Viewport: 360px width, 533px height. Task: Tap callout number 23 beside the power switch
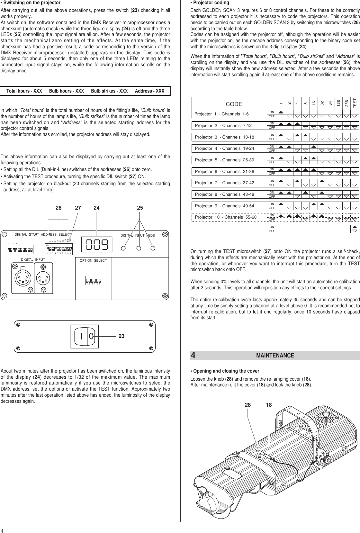click(x=122, y=336)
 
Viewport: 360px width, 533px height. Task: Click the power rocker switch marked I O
click(x=85, y=336)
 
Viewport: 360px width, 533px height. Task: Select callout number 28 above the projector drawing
click(x=248, y=405)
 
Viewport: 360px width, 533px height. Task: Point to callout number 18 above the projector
click(x=269, y=405)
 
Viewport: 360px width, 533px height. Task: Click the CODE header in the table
click(x=234, y=104)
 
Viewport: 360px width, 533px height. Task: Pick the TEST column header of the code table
click(x=355, y=103)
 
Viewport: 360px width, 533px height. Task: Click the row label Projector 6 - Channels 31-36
click(x=224, y=172)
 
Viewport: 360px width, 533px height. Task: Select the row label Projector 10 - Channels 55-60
click(x=226, y=217)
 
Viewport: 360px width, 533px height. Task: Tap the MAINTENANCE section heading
click(x=275, y=356)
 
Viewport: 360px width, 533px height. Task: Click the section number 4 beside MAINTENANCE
click(x=193, y=356)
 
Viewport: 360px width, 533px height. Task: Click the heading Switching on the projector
click(x=31, y=3)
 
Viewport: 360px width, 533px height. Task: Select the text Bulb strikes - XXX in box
click(x=109, y=91)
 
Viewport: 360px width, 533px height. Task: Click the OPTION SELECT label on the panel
click(x=93, y=260)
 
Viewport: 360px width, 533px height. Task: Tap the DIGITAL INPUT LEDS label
click(x=138, y=236)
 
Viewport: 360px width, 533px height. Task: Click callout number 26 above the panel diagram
click(x=58, y=208)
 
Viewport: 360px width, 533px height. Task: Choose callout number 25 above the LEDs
click(x=139, y=208)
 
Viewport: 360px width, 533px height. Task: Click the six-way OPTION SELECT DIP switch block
click(x=93, y=280)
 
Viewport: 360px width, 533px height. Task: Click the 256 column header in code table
click(x=346, y=103)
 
